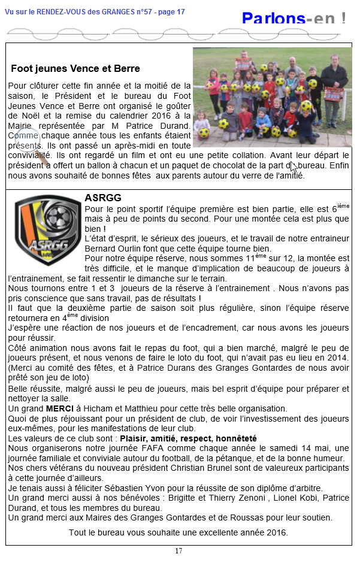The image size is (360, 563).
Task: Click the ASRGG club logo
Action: point(46,231)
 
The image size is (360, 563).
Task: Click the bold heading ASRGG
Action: point(103,198)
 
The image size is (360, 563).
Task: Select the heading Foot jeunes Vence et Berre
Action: point(75,69)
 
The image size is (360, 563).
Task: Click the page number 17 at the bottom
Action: point(179,551)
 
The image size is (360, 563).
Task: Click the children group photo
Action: point(272,97)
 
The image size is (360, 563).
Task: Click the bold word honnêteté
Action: point(236,438)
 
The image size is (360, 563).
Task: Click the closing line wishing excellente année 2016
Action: point(179,532)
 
